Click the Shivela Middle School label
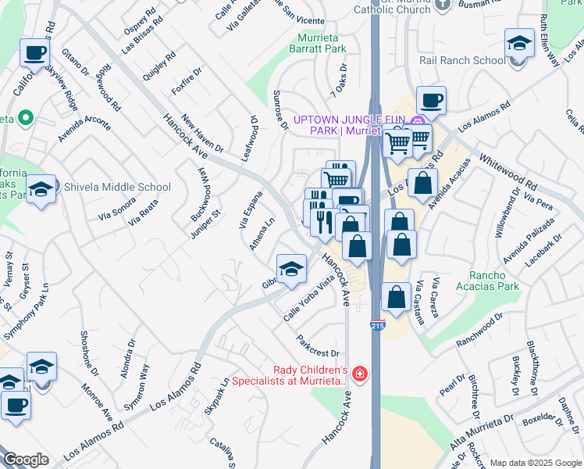(x=116, y=187)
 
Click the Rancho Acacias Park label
(x=493, y=281)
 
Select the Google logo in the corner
(x=26, y=460)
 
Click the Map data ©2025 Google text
(x=536, y=463)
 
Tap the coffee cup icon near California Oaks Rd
(x=34, y=53)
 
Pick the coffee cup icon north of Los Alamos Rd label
(x=430, y=100)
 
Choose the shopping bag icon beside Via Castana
(x=396, y=296)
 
